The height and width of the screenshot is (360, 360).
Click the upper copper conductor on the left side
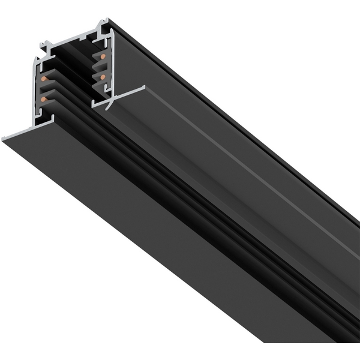click(x=43, y=79)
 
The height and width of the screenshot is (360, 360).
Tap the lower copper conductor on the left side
click(x=43, y=98)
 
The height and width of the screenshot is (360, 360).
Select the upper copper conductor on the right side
click(x=103, y=57)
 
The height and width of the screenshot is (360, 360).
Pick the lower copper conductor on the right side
click(x=103, y=77)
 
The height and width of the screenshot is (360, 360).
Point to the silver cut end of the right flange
click(x=120, y=97)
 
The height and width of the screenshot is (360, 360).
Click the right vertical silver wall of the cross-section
click(x=110, y=66)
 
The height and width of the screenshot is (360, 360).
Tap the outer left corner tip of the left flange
click(x=3, y=139)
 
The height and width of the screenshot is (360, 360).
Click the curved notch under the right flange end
click(x=109, y=106)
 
